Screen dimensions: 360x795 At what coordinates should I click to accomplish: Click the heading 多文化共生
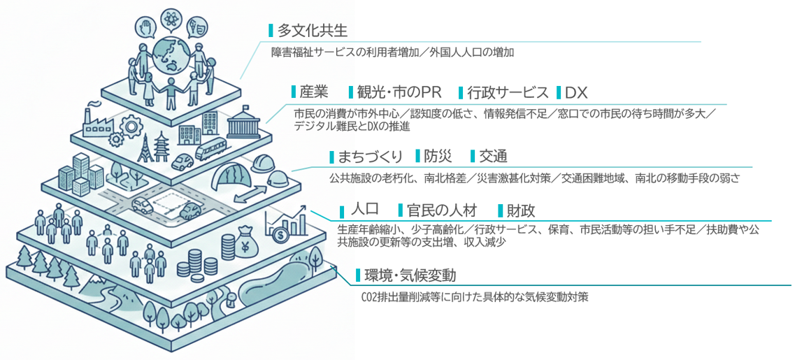312,31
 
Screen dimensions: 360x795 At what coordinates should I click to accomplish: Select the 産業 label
314,92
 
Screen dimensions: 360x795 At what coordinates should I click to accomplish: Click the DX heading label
576,92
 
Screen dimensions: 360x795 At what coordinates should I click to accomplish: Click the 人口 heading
364,209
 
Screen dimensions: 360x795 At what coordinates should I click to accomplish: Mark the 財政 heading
521,210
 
